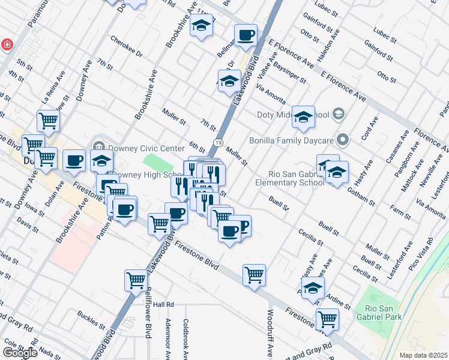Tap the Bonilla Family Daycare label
click(x=295, y=140)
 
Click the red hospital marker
click(x=7, y=44)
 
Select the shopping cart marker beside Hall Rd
click(x=136, y=280)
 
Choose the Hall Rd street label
click(x=163, y=305)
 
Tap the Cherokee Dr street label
click(x=126, y=46)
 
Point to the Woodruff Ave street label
click(x=270, y=331)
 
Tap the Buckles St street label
click(x=91, y=319)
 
